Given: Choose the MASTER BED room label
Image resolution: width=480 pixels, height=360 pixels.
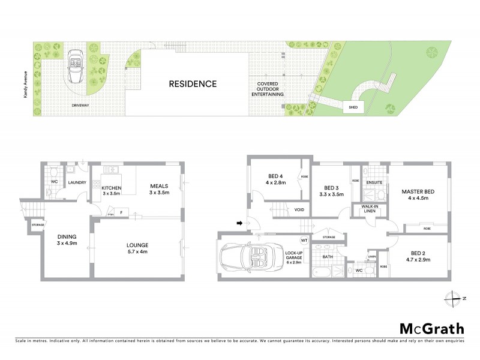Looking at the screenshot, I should (418, 195).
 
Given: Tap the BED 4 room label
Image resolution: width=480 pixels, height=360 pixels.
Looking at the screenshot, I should (276, 179).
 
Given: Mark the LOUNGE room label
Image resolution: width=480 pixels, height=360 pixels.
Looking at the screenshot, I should (137, 249).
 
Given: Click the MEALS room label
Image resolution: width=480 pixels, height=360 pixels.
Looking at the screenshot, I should (160, 189).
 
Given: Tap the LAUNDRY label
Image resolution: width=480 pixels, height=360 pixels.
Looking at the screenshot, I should (77, 183).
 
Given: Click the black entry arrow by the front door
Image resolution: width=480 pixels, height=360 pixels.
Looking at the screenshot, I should (241, 224).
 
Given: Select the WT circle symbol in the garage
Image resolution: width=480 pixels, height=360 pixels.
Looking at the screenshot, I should (304, 241).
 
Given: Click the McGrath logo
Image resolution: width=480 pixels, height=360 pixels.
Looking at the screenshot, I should (432, 328).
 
